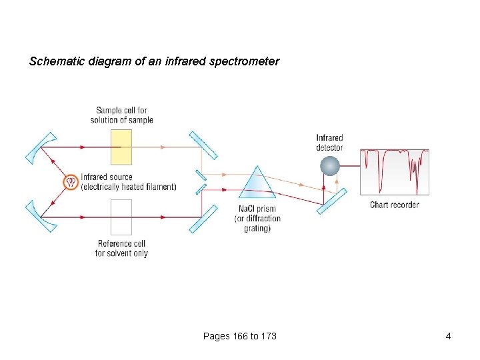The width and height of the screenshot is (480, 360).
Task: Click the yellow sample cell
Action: (121, 147)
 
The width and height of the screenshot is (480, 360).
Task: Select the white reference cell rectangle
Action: (121, 217)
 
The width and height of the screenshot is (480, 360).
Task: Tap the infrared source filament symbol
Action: (69, 181)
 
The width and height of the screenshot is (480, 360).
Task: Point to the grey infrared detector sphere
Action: (330, 165)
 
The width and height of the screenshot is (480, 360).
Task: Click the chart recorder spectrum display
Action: (394, 172)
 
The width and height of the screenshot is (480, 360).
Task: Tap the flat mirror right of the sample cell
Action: (203, 145)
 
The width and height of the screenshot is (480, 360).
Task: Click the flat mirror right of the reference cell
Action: (203, 219)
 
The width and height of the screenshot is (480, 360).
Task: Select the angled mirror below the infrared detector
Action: (331, 201)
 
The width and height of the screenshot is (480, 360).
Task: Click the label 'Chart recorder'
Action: (395, 205)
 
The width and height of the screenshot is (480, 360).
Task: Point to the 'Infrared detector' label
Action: (329, 143)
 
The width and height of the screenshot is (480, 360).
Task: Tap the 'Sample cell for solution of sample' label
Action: (122, 115)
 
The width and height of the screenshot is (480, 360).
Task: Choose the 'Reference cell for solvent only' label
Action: (121, 249)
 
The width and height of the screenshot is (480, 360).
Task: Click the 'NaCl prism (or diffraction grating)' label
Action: (257, 219)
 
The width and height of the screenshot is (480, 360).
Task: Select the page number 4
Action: (449, 336)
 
